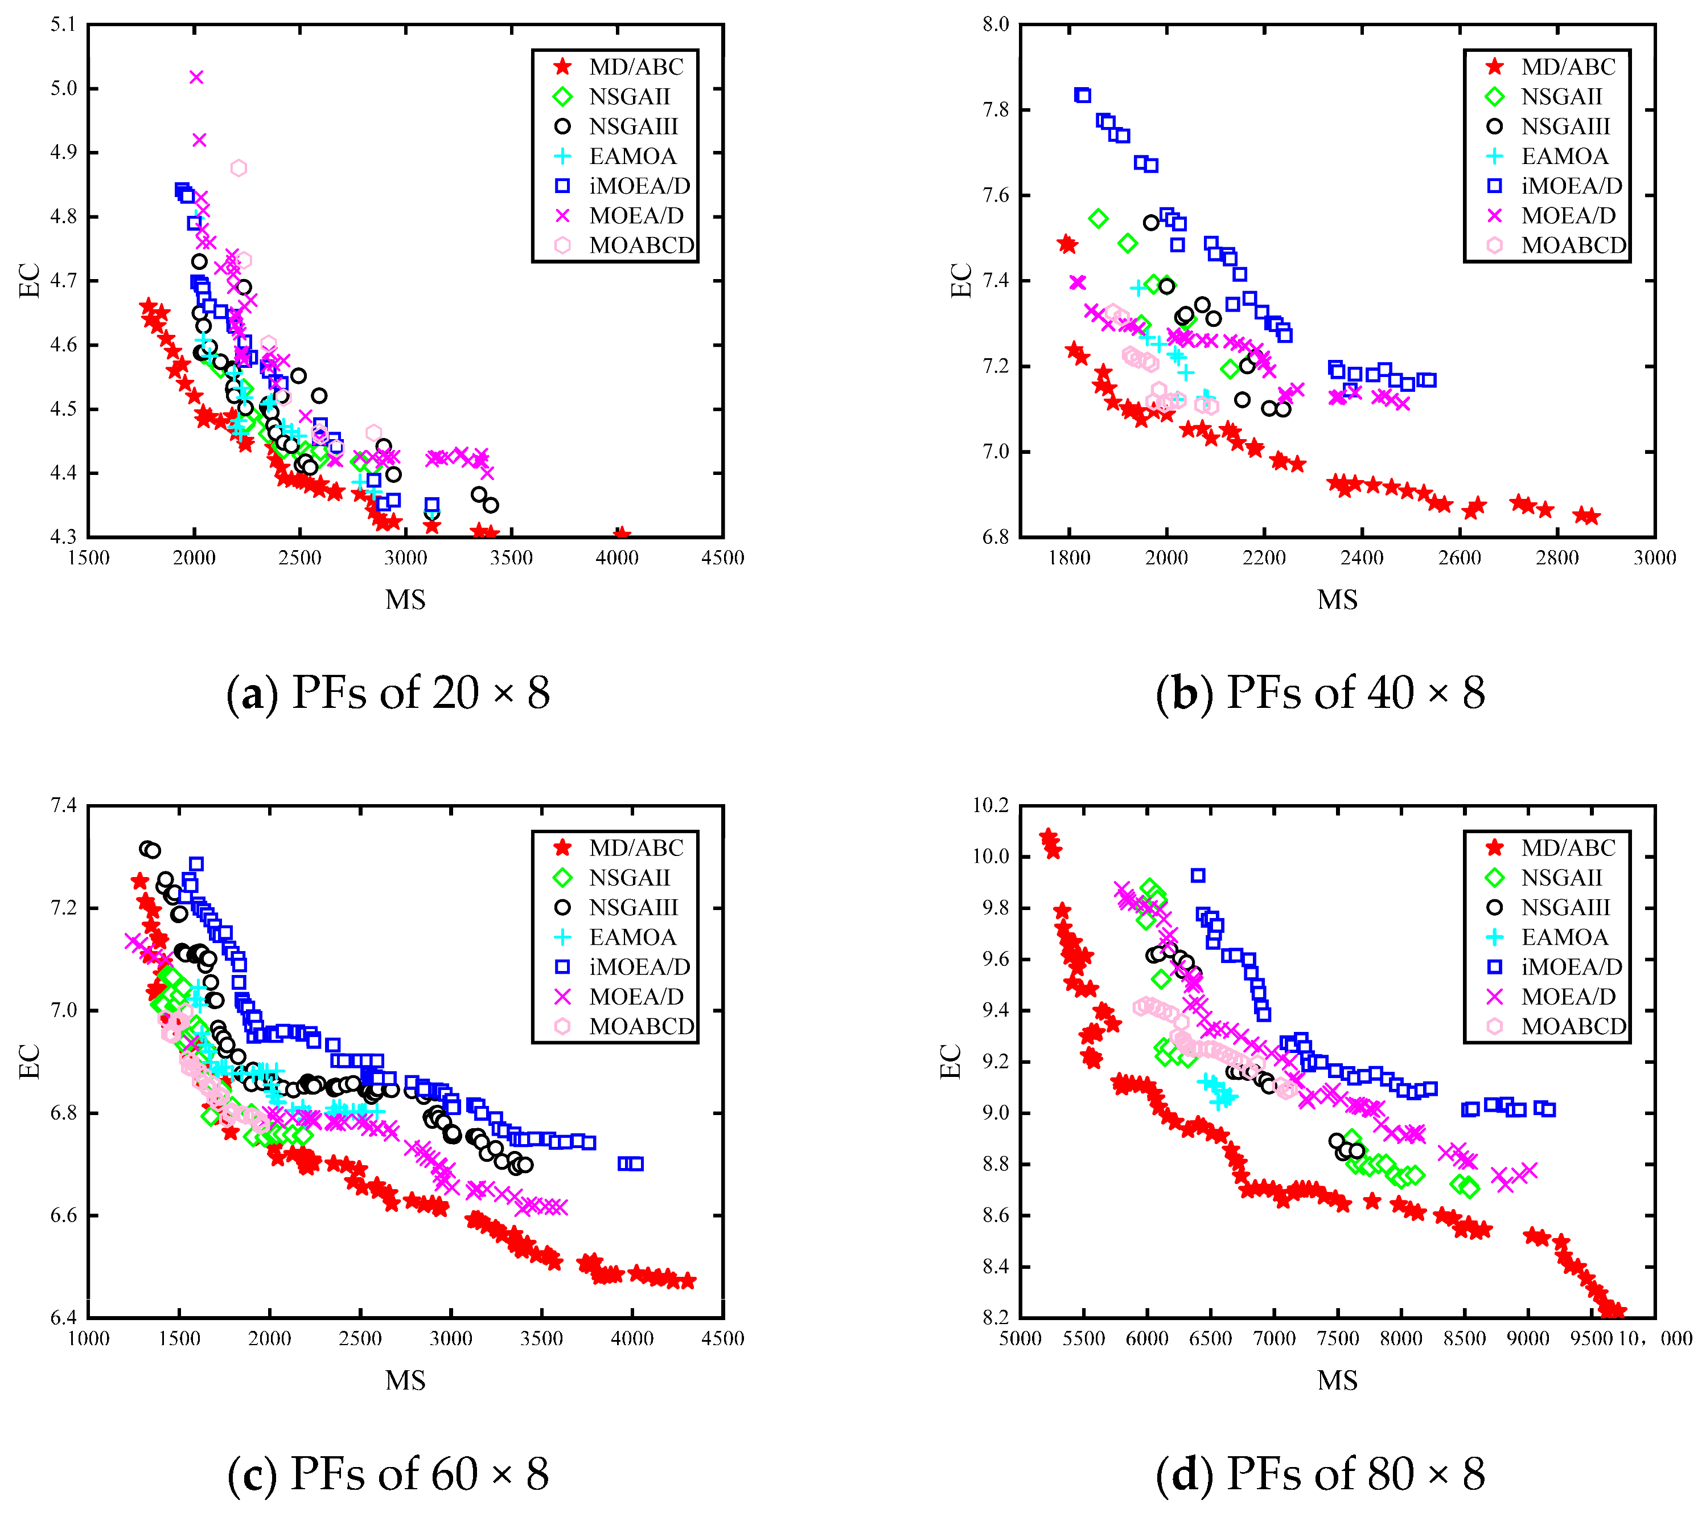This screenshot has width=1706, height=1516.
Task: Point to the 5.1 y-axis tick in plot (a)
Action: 63,24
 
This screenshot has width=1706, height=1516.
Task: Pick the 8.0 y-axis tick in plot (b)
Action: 996,24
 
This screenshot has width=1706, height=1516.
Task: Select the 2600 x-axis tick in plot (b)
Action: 1459,558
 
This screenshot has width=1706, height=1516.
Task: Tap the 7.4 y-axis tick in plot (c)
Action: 63,806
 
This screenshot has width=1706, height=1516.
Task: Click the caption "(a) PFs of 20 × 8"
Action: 389,693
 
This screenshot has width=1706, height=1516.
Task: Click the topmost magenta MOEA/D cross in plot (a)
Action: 196,77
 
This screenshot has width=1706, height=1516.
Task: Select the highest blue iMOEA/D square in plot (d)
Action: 1198,875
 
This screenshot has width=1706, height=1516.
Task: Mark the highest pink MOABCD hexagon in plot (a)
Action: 239,168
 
